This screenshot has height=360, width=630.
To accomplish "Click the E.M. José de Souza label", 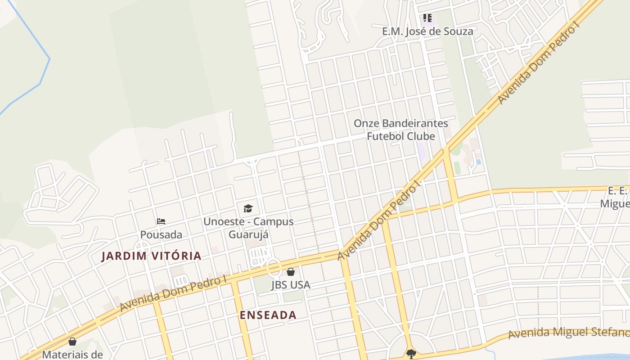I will pos(427,31).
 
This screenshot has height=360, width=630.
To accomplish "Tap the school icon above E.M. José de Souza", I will pos(427,18).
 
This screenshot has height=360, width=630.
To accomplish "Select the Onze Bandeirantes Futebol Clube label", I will pos(400,130).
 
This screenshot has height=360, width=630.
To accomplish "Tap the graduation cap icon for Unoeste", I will pos(248,208).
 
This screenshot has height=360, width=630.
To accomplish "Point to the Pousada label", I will pos(161,235).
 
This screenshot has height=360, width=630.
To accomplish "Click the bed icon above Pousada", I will pos(161,221).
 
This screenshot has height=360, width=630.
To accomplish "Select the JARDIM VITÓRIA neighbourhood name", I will pos(151,256).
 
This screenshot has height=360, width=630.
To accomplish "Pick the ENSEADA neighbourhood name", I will pos(268,315).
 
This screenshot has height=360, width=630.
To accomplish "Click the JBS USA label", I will pos(291,285).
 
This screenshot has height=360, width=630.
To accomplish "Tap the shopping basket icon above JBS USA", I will pos(291,272).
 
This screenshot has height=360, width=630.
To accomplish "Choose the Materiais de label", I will pos(72,354).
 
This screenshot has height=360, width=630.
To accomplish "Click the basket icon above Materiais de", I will pos(72,342).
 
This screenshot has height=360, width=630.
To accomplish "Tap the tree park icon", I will pos(411,354).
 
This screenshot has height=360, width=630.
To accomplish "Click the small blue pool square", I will pos(478,162).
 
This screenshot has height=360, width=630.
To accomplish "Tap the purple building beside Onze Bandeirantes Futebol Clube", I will pos(422,151).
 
